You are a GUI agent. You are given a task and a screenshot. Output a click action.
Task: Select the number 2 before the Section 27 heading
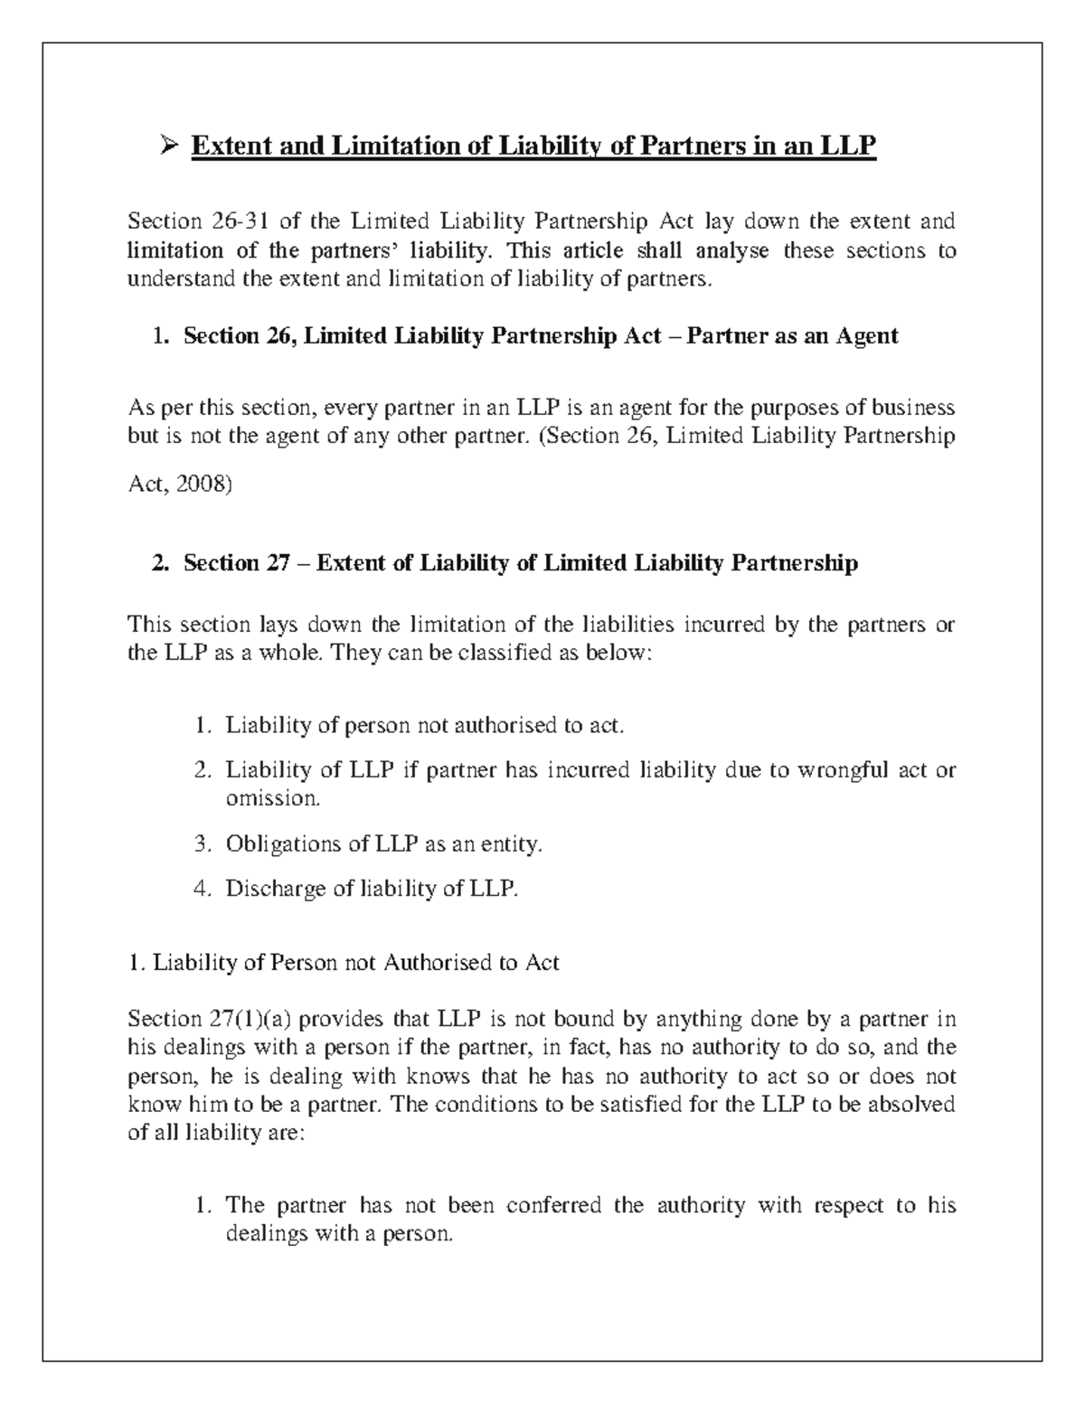(159, 563)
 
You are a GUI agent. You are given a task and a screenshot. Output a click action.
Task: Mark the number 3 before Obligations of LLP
(201, 844)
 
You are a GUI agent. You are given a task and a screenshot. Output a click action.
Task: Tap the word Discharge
(277, 890)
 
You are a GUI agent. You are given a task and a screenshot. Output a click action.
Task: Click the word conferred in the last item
(554, 1205)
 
